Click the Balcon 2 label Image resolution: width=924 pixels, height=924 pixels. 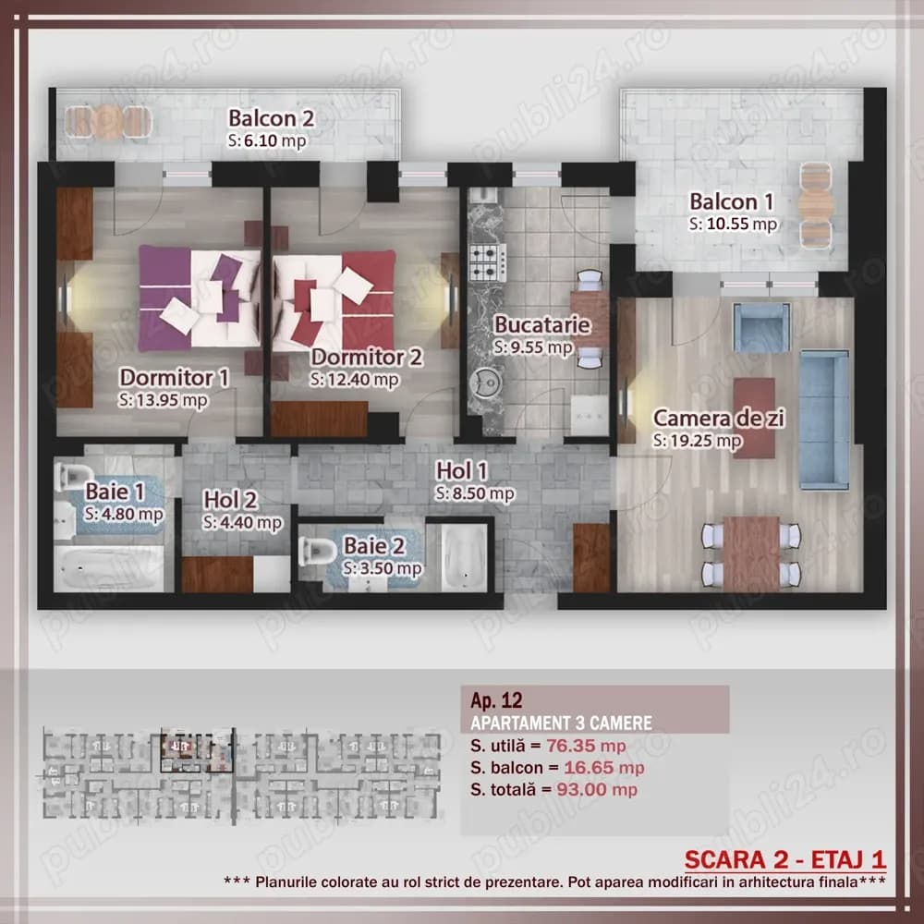point(272,118)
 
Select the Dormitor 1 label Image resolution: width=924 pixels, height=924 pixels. point(175,377)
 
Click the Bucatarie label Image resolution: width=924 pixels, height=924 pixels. point(532,325)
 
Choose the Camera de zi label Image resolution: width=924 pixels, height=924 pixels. point(719,419)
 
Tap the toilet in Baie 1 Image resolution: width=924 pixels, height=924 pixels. point(70,477)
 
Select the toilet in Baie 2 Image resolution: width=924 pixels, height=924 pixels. point(317,552)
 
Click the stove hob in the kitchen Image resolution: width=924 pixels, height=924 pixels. point(482,262)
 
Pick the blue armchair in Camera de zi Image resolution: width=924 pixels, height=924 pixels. point(761,326)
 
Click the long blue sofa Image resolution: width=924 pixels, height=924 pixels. point(823,419)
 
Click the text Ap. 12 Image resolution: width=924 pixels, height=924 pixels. point(490,700)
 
